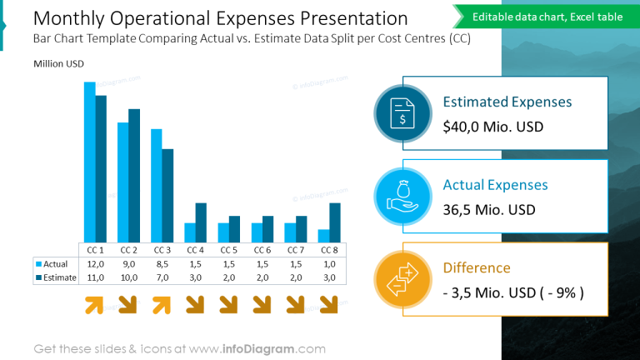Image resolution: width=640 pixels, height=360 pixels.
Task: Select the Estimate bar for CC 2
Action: tap(134, 175)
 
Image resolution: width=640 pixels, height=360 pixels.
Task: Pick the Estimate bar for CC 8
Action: tap(334, 222)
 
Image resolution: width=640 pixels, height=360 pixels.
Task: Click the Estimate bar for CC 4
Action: tap(201, 222)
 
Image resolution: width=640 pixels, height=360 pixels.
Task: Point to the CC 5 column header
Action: tap(229, 250)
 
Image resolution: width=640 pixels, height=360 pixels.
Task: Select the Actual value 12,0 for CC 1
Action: tap(96, 264)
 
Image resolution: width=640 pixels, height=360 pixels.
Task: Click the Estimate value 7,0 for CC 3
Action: tap(162, 277)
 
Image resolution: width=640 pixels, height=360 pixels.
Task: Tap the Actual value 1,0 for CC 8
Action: tap(329, 264)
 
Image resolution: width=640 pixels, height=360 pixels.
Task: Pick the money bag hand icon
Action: tap(402, 197)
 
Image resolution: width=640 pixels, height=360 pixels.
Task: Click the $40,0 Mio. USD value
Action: tap(492, 127)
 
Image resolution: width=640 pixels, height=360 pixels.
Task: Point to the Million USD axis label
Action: tap(58, 64)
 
